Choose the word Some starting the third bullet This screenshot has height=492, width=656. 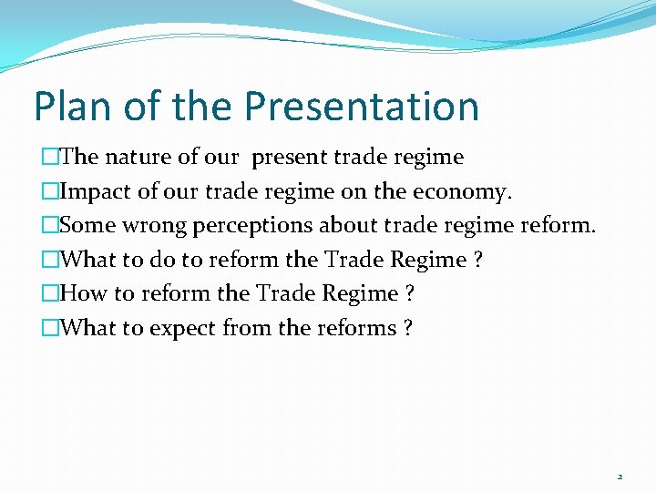click(x=87, y=226)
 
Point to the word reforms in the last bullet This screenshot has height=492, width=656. click(x=355, y=328)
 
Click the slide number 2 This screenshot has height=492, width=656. click(x=620, y=477)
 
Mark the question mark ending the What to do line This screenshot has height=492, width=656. click(x=478, y=261)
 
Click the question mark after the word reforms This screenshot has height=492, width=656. click(x=406, y=328)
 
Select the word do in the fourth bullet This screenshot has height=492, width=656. click(x=162, y=261)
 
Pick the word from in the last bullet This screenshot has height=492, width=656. click(x=248, y=328)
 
